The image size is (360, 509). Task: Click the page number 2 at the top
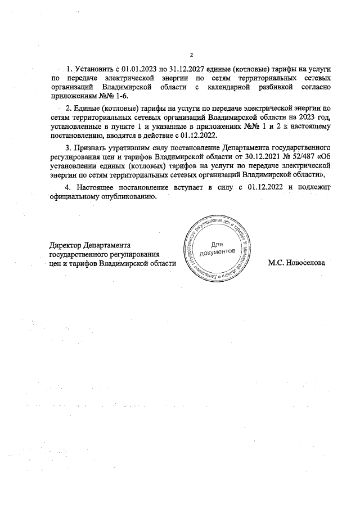point(191,55)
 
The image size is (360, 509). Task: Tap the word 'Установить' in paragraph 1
point(93,68)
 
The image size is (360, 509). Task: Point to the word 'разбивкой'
point(277,87)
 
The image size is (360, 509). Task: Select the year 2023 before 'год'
point(304,117)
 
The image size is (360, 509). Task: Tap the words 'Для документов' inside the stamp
point(217,248)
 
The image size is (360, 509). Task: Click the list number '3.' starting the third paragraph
point(69,148)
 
